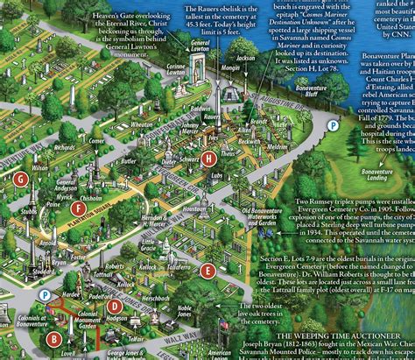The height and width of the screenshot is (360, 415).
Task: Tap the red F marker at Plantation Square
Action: pyautogui.click(x=80, y=208)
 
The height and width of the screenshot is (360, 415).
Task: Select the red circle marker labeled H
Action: pyautogui.click(x=207, y=159)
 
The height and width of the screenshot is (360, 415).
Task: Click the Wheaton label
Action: pyautogui.click(x=142, y=124)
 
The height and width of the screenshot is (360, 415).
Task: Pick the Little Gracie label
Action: pyautogui.click(x=153, y=244)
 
